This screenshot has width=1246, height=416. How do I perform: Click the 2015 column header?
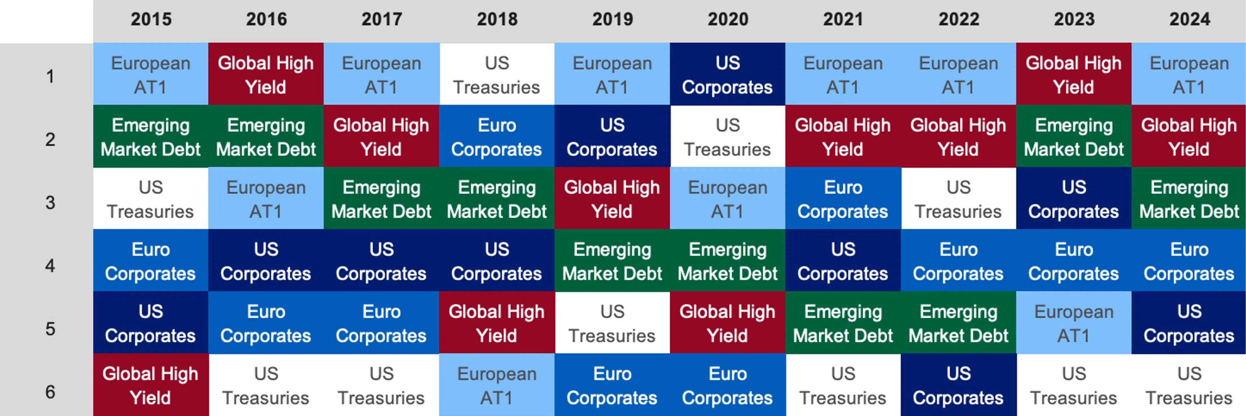(x=151, y=19)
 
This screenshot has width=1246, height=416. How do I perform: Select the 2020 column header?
(x=728, y=19)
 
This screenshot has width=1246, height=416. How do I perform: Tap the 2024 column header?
(x=1189, y=19)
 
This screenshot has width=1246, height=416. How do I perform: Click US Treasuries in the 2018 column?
(x=497, y=75)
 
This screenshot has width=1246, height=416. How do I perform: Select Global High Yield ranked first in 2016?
(x=266, y=75)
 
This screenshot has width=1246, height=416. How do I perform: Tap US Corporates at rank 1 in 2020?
(x=727, y=75)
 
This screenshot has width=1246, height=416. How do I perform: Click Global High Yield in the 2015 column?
(x=150, y=385)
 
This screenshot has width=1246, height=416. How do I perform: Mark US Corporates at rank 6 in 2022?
(x=958, y=385)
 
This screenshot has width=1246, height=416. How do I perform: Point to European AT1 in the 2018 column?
(x=497, y=385)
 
